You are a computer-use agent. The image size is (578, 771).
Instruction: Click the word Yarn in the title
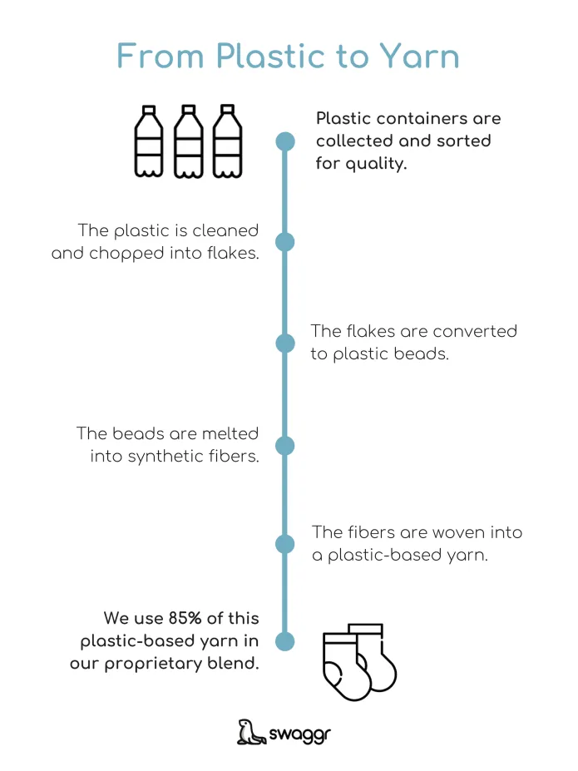[420, 56]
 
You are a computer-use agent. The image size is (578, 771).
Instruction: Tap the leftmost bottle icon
[149, 141]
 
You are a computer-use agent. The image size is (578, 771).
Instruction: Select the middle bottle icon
[188, 141]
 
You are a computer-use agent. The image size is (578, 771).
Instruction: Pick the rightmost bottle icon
[227, 141]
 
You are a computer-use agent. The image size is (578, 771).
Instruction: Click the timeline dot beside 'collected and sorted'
[285, 141]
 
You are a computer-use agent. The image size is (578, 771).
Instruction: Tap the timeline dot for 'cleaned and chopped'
[285, 242]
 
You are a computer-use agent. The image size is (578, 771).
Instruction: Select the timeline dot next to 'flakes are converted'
[285, 343]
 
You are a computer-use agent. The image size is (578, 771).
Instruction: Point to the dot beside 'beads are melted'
[285, 446]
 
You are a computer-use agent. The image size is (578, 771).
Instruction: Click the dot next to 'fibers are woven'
[285, 544]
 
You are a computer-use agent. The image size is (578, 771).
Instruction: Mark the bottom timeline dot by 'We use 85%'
[285, 641]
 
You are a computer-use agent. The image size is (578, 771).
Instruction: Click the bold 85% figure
[185, 618]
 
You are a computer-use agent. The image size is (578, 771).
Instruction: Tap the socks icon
[360, 662]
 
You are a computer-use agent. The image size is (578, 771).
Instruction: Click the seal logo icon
[251, 732]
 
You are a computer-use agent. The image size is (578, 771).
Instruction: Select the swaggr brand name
[300, 734]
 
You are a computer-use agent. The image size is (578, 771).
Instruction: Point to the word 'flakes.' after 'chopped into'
[233, 253]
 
